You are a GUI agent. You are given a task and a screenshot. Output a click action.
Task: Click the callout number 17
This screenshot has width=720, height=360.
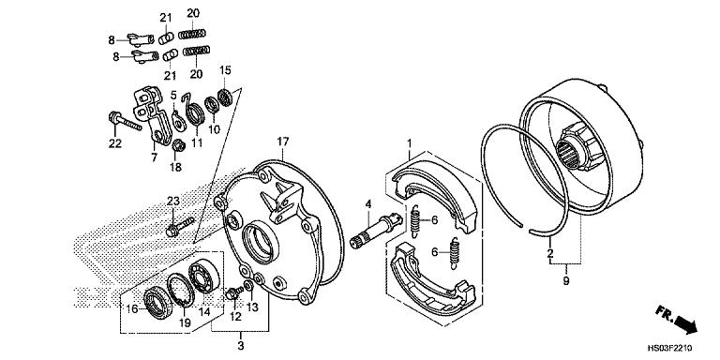tap(280, 142)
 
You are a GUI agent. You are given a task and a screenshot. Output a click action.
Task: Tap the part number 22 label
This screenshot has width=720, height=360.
tap(114, 142)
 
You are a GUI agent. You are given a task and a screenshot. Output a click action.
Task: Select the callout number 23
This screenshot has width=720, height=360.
tap(173, 202)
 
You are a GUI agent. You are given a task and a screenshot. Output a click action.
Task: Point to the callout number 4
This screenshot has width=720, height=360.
tap(368, 203)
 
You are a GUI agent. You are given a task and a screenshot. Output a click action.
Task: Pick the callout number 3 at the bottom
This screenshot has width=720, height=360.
tap(241, 347)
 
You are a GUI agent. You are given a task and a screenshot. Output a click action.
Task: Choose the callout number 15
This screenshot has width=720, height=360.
tap(224, 70)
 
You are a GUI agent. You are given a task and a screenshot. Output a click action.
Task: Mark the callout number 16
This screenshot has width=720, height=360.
tap(133, 307)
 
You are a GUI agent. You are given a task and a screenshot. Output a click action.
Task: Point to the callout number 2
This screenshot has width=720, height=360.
tap(550, 253)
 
